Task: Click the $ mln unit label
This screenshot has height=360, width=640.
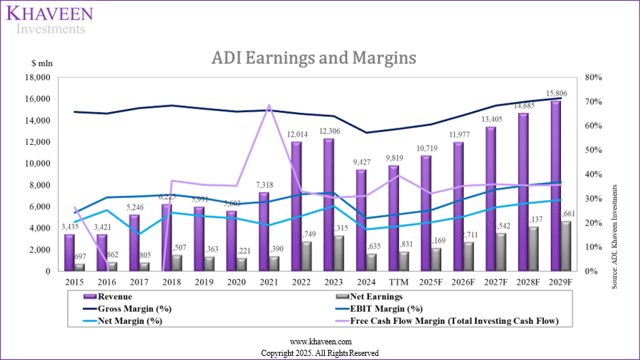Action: (x=42, y=63)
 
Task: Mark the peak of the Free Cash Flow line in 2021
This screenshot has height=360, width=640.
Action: (x=268, y=105)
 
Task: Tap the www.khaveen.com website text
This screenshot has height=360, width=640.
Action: (x=319, y=341)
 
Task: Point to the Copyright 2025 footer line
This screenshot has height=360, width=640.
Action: (x=319, y=353)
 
